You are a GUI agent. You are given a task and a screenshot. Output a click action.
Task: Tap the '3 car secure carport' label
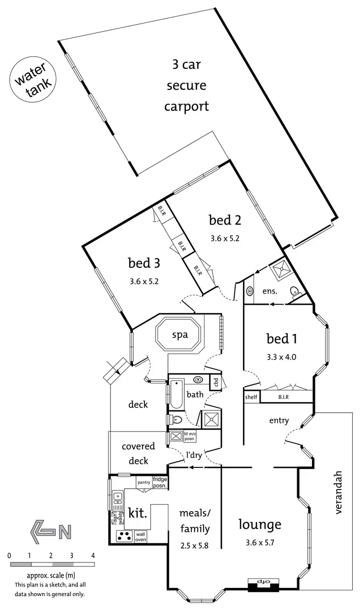point(186,85)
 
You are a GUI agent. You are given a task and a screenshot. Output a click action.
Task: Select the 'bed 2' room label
point(225,220)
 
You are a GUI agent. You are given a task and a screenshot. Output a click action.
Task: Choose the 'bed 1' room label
point(282,339)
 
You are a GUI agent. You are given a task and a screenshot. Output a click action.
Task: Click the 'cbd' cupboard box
point(216,383)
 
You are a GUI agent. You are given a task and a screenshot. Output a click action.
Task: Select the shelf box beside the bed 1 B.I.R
point(251,397)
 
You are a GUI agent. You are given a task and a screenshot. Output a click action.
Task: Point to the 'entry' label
point(279,420)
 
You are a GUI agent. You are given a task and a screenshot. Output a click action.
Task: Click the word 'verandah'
point(339,492)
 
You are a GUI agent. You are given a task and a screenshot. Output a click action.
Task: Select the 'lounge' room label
point(260,524)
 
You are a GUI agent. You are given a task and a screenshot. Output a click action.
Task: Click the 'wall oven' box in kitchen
point(141,536)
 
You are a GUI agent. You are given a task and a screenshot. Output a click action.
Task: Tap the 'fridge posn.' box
point(160,482)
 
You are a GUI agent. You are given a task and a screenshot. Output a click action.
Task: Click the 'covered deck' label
point(138,453)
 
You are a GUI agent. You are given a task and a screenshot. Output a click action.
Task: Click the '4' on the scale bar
point(93,555)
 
